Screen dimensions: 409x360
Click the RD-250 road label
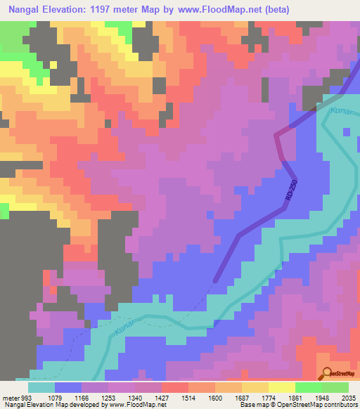click(x=292, y=192)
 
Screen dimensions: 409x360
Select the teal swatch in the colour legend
click(x=41, y=387)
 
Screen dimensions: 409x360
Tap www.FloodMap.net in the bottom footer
click(x=134, y=405)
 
